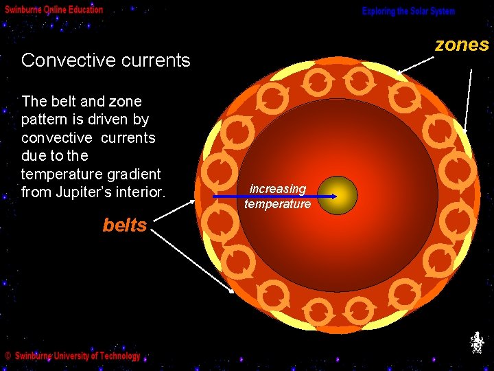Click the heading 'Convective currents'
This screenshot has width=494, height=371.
point(106,60)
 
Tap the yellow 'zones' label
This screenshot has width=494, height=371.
point(462,45)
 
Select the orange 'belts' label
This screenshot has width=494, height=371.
point(125,225)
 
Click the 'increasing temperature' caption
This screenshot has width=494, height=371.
point(278,196)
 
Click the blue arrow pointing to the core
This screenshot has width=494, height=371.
point(274,197)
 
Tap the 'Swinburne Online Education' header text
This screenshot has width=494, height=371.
point(54,10)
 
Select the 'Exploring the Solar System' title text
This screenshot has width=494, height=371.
point(408,11)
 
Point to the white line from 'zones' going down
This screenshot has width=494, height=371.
point(468,96)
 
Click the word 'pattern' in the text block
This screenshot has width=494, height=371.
point(46,120)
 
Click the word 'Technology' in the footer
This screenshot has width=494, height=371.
point(117,356)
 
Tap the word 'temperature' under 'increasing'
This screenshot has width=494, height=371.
point(278,204)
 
